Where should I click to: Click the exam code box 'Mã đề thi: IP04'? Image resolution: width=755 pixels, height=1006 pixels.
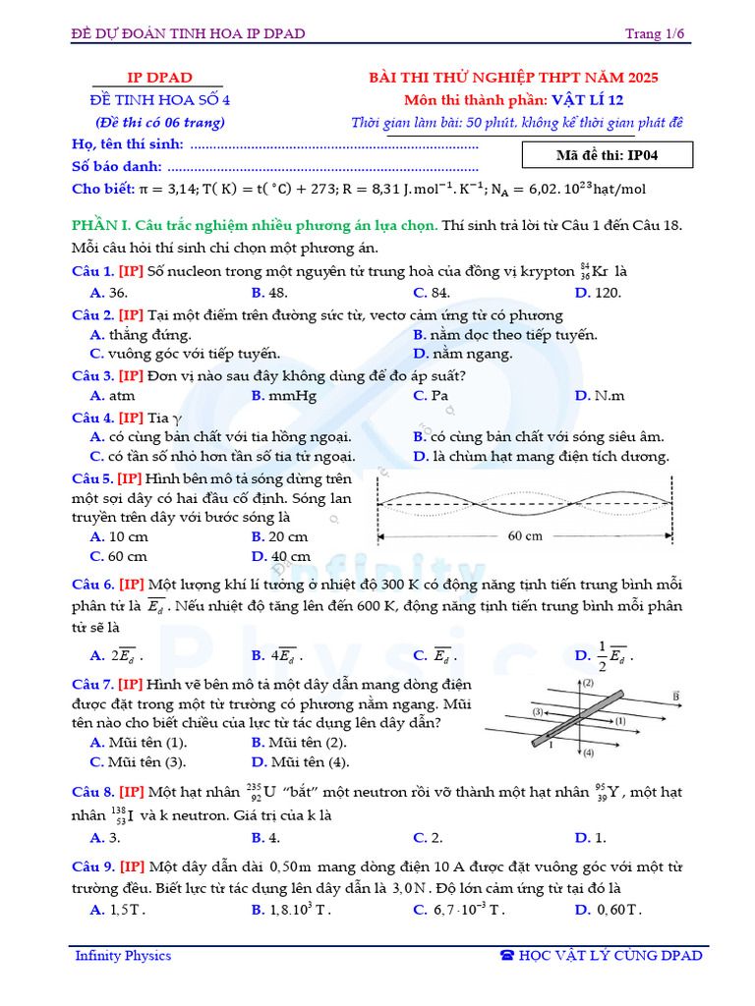coord(610,155)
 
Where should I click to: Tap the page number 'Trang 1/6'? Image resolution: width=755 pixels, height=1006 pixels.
coord(655,34)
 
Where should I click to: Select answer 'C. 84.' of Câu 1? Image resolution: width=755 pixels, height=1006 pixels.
coord(432,293)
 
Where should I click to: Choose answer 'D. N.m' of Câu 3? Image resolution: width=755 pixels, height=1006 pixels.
coord(600,396)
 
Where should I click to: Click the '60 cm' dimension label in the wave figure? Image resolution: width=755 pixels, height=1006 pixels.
coord(525,536)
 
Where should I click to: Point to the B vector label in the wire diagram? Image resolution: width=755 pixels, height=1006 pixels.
coord(677,696)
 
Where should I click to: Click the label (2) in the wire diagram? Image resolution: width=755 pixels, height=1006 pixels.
coord(588,683)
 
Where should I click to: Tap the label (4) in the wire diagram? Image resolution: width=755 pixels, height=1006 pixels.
coord(588,754)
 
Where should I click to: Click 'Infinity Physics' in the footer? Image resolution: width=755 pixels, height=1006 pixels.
coord(123,956)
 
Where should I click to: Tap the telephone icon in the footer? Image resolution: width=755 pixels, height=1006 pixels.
coord(507,956)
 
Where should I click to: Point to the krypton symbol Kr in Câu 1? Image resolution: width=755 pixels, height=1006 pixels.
coord(600,272)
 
